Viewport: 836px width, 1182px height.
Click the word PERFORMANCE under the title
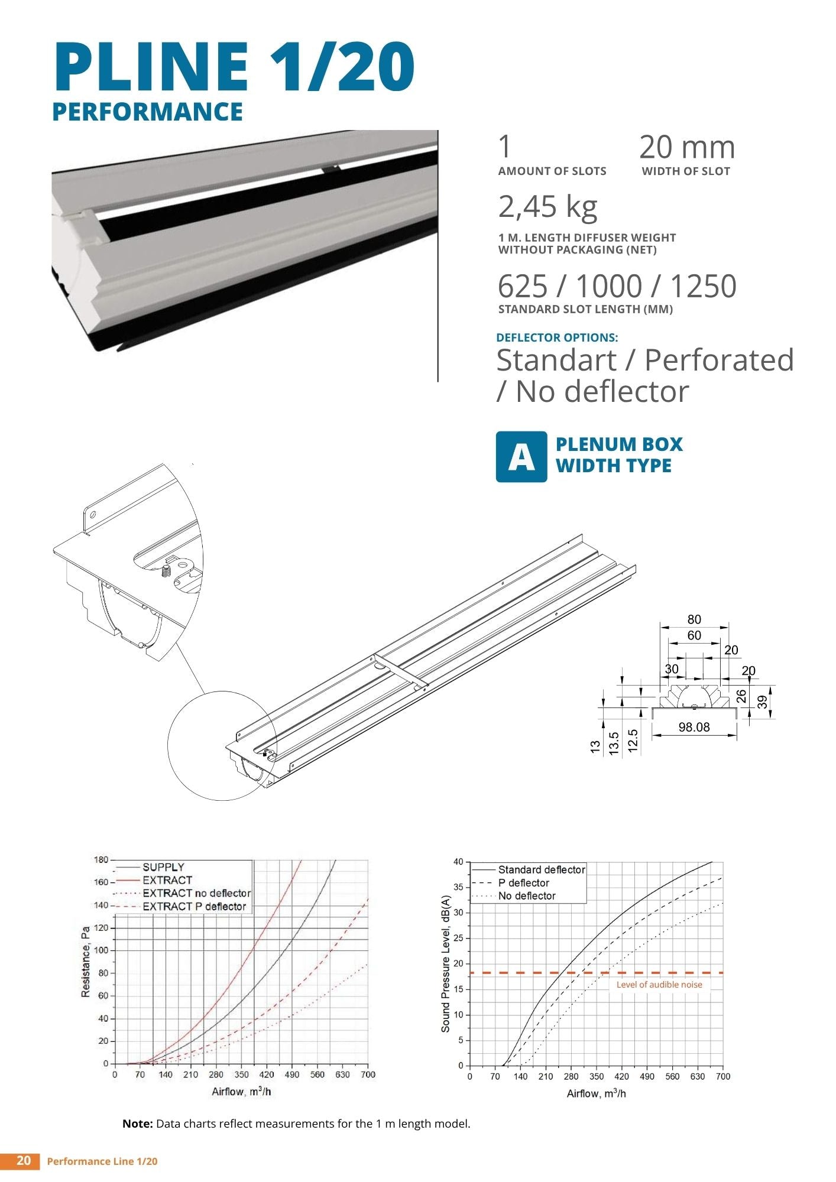point(148,112)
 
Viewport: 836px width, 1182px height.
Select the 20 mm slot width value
point(687,147)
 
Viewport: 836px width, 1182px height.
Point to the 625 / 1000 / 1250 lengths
point(617,286)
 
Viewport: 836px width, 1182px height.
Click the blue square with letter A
point(521,457)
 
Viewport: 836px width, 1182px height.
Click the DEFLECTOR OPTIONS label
point(557,337)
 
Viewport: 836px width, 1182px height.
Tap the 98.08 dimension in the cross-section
point(694,727)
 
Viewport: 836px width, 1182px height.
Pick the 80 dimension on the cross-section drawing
point(694,619)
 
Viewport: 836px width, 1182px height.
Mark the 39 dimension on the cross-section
point(763,702)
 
